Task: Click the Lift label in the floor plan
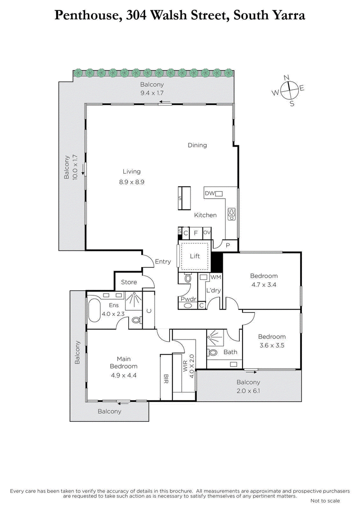coord(195,256)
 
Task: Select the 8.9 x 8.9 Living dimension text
coord(131,182)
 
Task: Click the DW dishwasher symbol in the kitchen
coord(219,193)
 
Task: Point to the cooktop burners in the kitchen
coord(232,214)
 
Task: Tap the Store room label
coord(129,282)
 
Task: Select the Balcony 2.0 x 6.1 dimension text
coord(248,391)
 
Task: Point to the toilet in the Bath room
coord(214,353)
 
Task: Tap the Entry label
coord(162,261)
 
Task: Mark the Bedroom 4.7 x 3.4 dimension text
coord(264,285)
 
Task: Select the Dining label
coord(197,145)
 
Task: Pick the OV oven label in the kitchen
coord(207,232)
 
